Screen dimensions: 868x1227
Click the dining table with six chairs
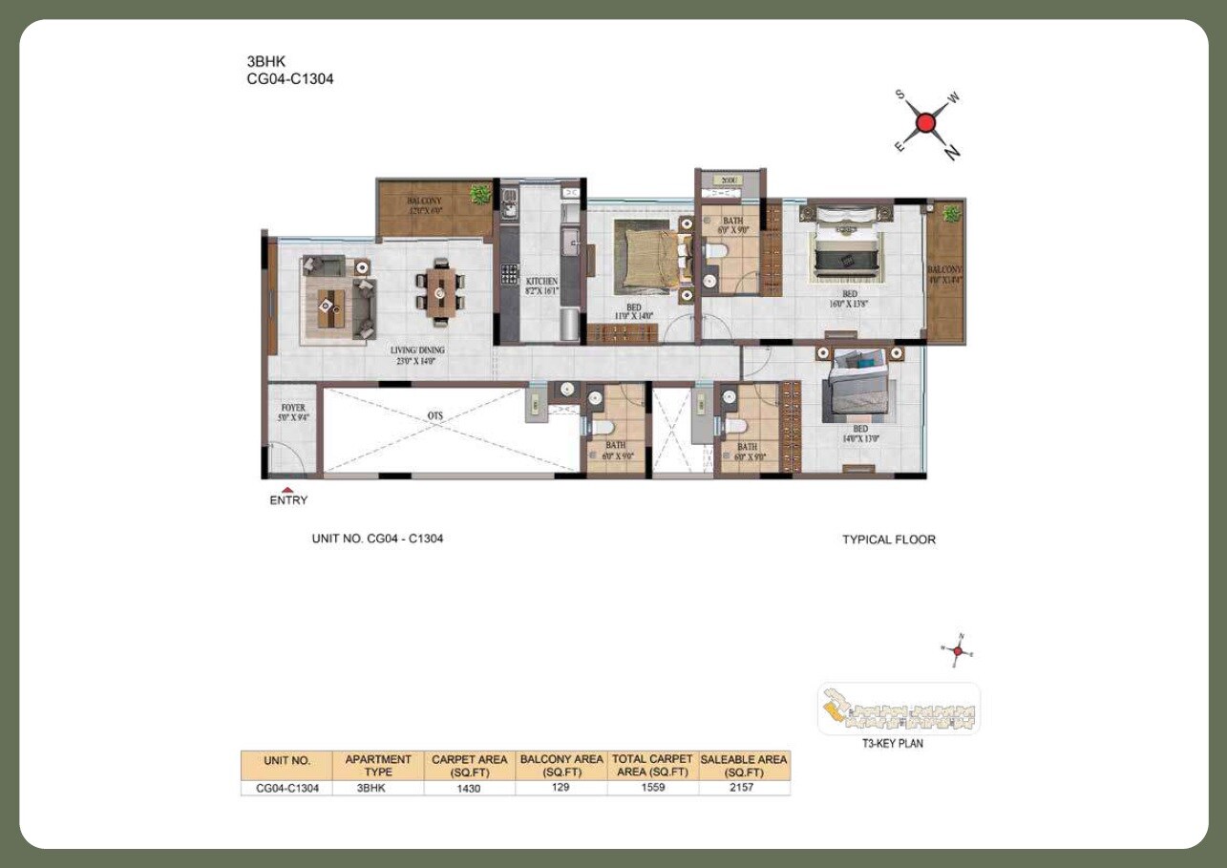coord(439,289)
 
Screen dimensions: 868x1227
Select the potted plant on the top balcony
coord(479,195)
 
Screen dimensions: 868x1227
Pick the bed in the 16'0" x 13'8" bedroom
coord(849,248)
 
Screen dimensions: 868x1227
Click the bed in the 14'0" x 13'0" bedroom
coord(858,387)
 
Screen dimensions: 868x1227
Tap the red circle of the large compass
coord(924,123)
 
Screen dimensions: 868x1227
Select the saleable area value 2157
coord(744,789)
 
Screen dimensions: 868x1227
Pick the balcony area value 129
coord(561,789)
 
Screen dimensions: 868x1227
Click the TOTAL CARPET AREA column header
coord(652,765)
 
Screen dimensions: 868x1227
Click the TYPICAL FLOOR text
coord(888,540)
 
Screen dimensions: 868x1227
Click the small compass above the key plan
coord(960,650)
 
